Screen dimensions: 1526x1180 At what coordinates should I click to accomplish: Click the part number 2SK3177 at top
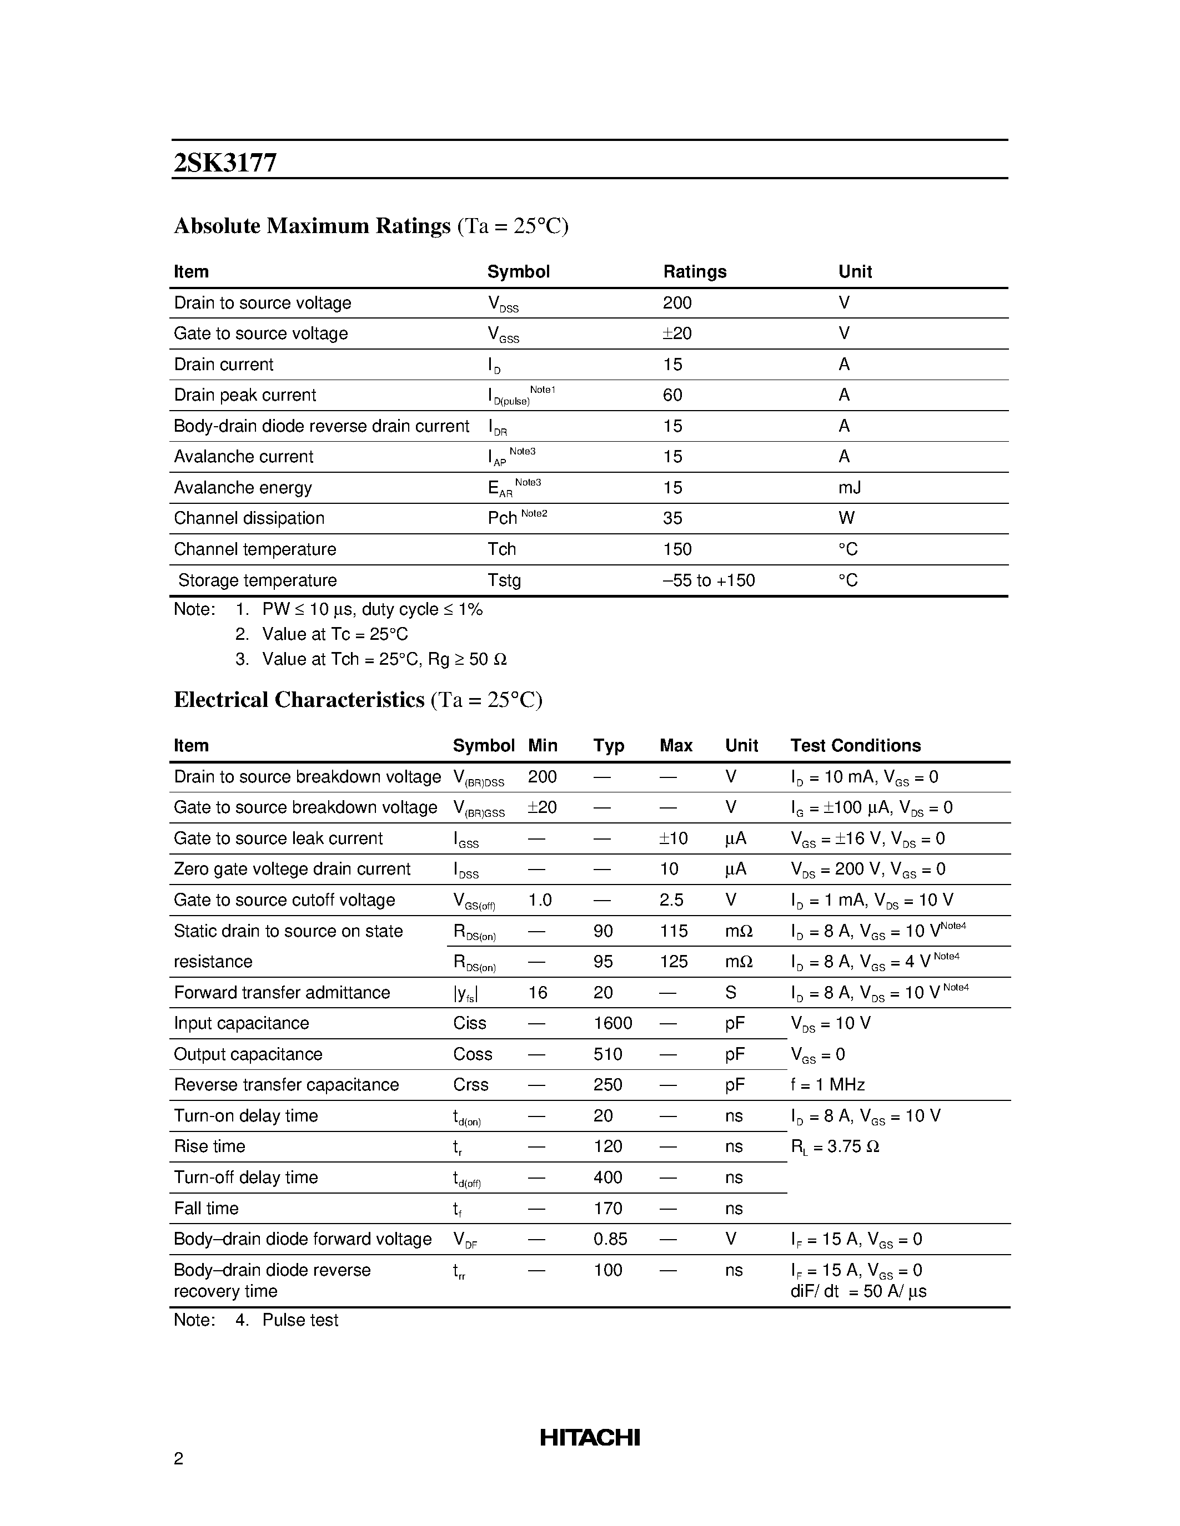tap(225, 163)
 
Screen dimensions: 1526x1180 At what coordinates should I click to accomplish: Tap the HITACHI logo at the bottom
tap(589, 1437)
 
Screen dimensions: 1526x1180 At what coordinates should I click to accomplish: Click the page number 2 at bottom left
tap(178, 1458)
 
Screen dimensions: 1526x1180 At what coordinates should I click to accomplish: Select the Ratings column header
tap(694, 272)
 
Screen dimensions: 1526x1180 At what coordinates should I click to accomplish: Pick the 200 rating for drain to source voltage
tap(677, 303)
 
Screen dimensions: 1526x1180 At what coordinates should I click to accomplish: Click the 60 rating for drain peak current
tap(672, 396)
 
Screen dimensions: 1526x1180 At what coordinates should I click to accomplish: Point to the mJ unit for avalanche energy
tap(850, 488)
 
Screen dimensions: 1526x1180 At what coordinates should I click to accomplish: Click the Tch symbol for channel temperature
tap(501, 549)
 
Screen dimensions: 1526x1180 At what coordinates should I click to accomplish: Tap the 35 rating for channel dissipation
tap(672, 518)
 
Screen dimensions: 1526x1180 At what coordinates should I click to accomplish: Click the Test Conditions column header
tap(855, 746)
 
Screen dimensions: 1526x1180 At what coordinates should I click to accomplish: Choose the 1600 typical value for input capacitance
tap(612, 1024)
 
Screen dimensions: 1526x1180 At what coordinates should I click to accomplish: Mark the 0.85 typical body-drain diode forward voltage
tap(610, 1240)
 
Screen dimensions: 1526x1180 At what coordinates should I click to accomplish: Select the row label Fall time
tap(206, 1209)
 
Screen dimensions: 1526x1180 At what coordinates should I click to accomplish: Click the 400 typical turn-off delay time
tap(607, 1178)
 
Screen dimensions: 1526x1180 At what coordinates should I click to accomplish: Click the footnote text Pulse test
tap(300, 1321)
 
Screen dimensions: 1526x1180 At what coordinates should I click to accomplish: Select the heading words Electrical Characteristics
tap(299, 700)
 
